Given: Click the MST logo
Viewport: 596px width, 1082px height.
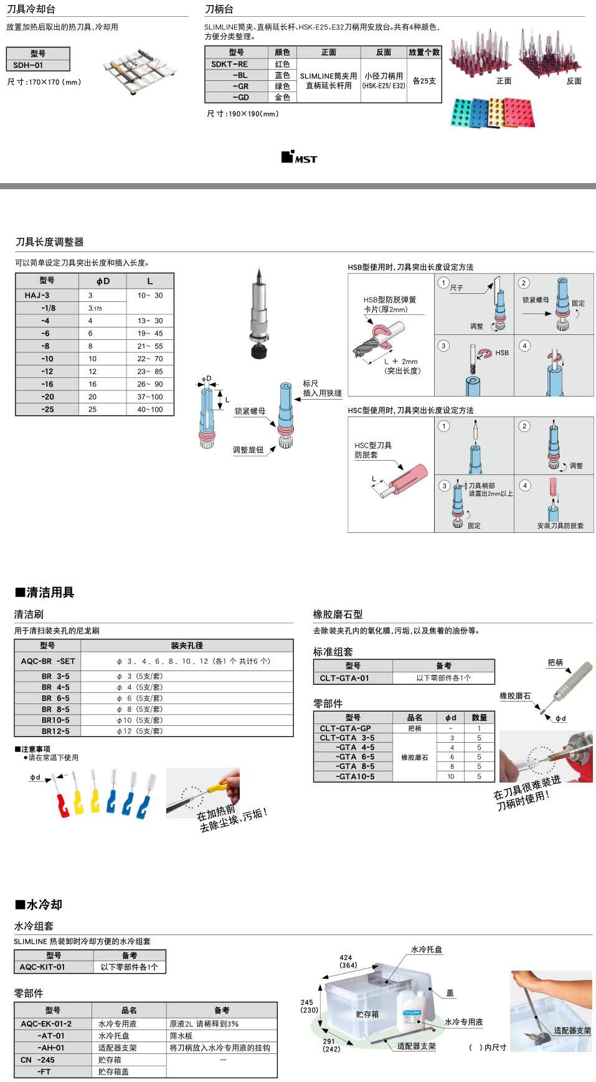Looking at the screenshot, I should [299, 158].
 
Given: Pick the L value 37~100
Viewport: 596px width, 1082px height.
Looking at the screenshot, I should [150, 397].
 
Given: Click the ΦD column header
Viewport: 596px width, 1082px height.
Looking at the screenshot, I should [103, 281].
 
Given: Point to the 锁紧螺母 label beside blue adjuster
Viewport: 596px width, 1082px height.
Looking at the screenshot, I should [250, 411].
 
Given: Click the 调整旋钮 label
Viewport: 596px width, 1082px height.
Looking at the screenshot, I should [248, 449].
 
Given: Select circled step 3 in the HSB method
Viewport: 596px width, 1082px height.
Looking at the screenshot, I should [443, 346].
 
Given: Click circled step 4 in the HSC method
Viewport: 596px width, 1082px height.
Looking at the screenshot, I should [525, 485].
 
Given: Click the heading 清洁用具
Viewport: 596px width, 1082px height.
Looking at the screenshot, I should [45, 592].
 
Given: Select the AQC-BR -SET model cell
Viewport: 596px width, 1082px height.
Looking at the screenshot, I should [47, 661].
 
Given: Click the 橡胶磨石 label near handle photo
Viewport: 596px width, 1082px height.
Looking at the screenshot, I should [515, 696].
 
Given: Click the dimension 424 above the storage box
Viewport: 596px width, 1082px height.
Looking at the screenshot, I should [346, 957].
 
